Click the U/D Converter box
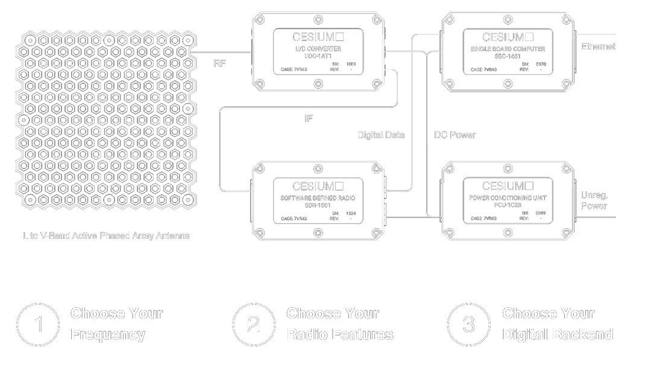tap(318, 51)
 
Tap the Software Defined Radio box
tap(318, 201)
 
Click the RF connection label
tap(221, 63)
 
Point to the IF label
tap(309, 119)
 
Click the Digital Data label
tap(381, 135)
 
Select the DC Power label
tap(456, 135)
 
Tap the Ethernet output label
tap(597, 46)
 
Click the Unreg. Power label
tap(593, 200)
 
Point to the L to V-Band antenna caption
tap(105, 236)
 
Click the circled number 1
tap(39, 325)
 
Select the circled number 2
tap(254, 325)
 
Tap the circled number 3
tap(468, 325)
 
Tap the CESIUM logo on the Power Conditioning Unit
tap(507, 186)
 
